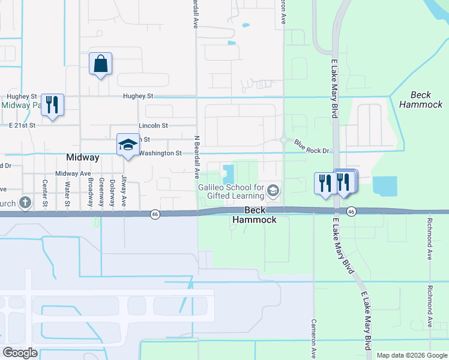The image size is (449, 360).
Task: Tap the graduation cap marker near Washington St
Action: click(x=127, y=145)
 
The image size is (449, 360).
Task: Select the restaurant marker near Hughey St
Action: click(x=52, y=105)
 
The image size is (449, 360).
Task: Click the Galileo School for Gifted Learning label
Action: click(x=231, y=192)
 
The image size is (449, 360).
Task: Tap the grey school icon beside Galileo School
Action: click(x=273, y=191)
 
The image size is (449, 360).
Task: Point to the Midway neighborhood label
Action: click(x=82, y=157)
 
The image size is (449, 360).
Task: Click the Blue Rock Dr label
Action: click(x=312, y=146)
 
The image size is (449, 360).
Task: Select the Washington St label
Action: click(x=160, y=153)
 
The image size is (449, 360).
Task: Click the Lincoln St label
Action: click(x=153, y=125)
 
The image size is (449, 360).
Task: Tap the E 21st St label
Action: click(x=23, y=125)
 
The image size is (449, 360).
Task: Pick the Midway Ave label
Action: click(x=73, y=173)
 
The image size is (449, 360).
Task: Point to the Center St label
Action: click(x=45, y=193)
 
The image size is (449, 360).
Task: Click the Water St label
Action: click(x=67, y=193)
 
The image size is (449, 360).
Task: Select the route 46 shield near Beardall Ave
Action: click(x=155, y=214)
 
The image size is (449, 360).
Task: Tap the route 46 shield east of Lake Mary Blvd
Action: click(x=352, y=211)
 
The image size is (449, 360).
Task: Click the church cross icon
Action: click(x=25, y=202)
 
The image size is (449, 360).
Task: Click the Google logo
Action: click(x=20, y=353)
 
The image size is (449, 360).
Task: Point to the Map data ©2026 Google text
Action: click(x=411, y=355)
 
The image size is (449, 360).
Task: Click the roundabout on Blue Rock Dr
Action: click(x=283, y=140)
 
